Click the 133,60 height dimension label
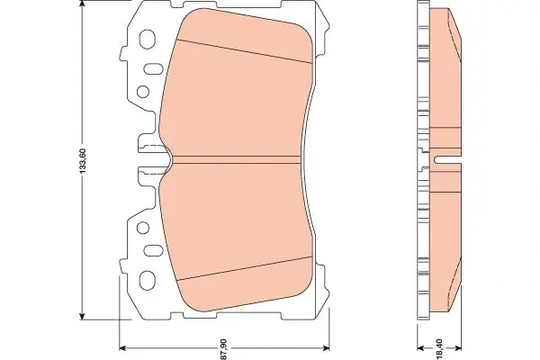[83, 160]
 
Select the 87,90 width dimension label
[223, 349]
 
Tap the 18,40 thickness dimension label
[439, 349]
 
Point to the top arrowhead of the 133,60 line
[82, 4]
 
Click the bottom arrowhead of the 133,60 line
[82, 316]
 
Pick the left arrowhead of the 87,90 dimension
[122, 348]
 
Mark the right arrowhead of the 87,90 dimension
[326, 348]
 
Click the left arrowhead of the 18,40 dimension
[420, 348]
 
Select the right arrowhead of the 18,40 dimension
[458, 348]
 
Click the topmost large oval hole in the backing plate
[147, 39]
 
